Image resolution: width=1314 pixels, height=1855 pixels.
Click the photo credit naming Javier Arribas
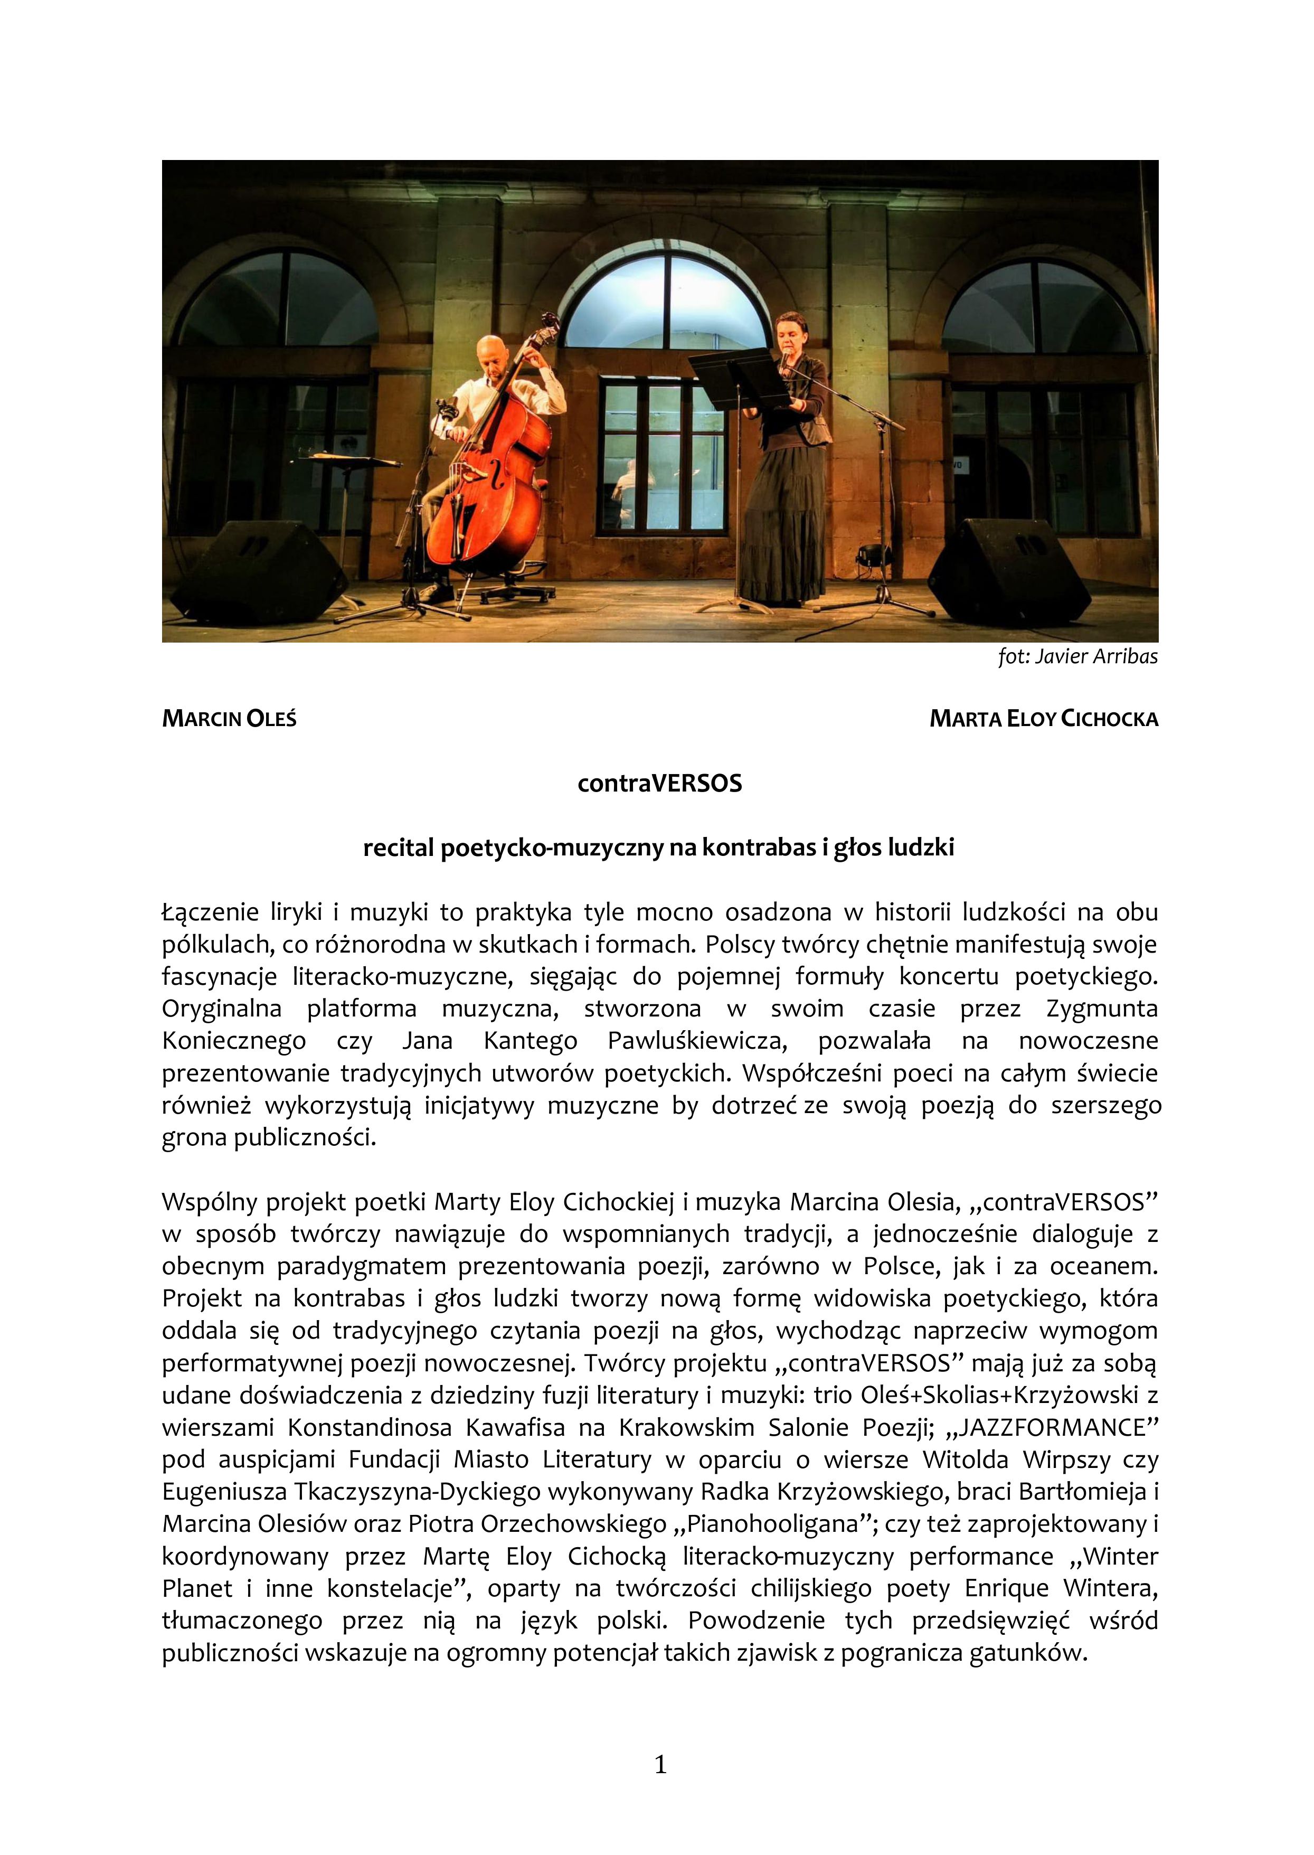coord(1077,656)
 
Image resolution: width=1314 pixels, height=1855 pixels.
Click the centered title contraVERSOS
coord(659,784)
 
